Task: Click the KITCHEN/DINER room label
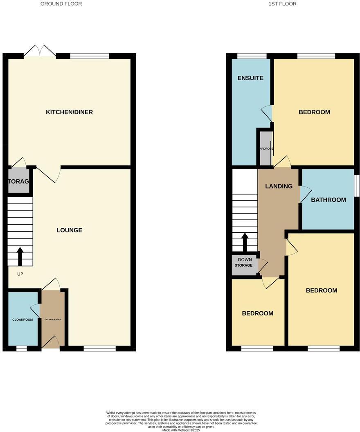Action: [x=69, y=112]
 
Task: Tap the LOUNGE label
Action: [x=69, y=230]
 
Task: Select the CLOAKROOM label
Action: [x=22, y=319]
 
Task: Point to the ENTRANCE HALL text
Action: [x=53, y=319]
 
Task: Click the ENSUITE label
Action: [x=250, y=78]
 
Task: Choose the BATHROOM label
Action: [x=328, y=200]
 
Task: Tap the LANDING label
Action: [x=279, y=186]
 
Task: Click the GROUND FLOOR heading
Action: [x=61, y=4]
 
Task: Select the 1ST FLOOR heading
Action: [x=282, y=4]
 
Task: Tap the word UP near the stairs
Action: [x=20, y=274]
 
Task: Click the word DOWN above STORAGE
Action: [x=245, y=260]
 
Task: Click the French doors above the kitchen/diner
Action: [x=40, y=52]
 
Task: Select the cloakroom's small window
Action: [x=22, y=349]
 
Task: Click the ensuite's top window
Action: [x=252, y=56]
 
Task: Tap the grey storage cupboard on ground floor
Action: [x=18, y=181]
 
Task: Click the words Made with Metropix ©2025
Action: [x=180, y=430]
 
